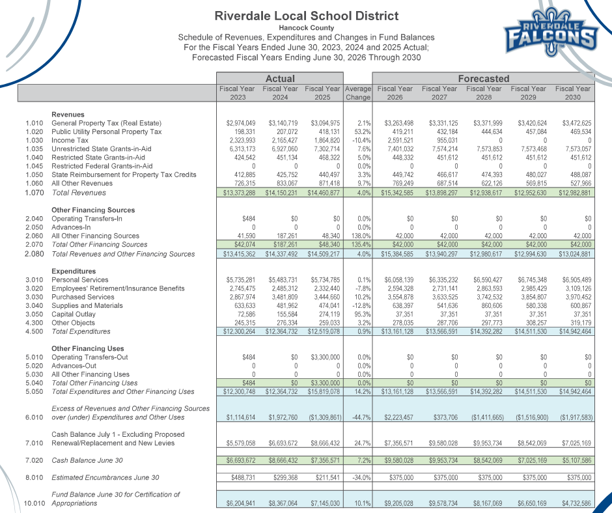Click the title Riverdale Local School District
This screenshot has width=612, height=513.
pyautogui.click(x=305, y=16)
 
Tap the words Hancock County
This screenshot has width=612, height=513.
pyautogui.click(x=306, y=28)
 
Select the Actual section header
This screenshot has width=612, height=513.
pyautogui.click(x=280, y=79)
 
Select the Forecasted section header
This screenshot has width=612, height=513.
pyautogui.click(x=484, y=79)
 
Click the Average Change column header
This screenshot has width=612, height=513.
pyautogui.click(x=357, y=93)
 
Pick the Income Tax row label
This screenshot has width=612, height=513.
pyautogui.click(x=70, y=140)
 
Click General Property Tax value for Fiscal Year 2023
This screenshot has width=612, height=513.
pyautogui.click(x=241, y=123)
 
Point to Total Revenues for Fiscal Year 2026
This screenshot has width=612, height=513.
pyautogui.click(x=395, y=193)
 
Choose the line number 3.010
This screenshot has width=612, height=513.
pyautogui.click(x=34, y=280)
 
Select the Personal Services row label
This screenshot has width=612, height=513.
pyautogui.click(x=80, y=280)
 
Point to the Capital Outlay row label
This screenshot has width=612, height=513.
pyautogui.click(x=73, y=314)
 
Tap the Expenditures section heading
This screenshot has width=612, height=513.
pyautogui.click(x=73, y=271)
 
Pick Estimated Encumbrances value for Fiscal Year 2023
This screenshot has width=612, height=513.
pyautogui.click(x=241, y=478)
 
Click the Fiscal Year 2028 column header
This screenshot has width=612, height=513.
pyautogui.click(x=484, y=93)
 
